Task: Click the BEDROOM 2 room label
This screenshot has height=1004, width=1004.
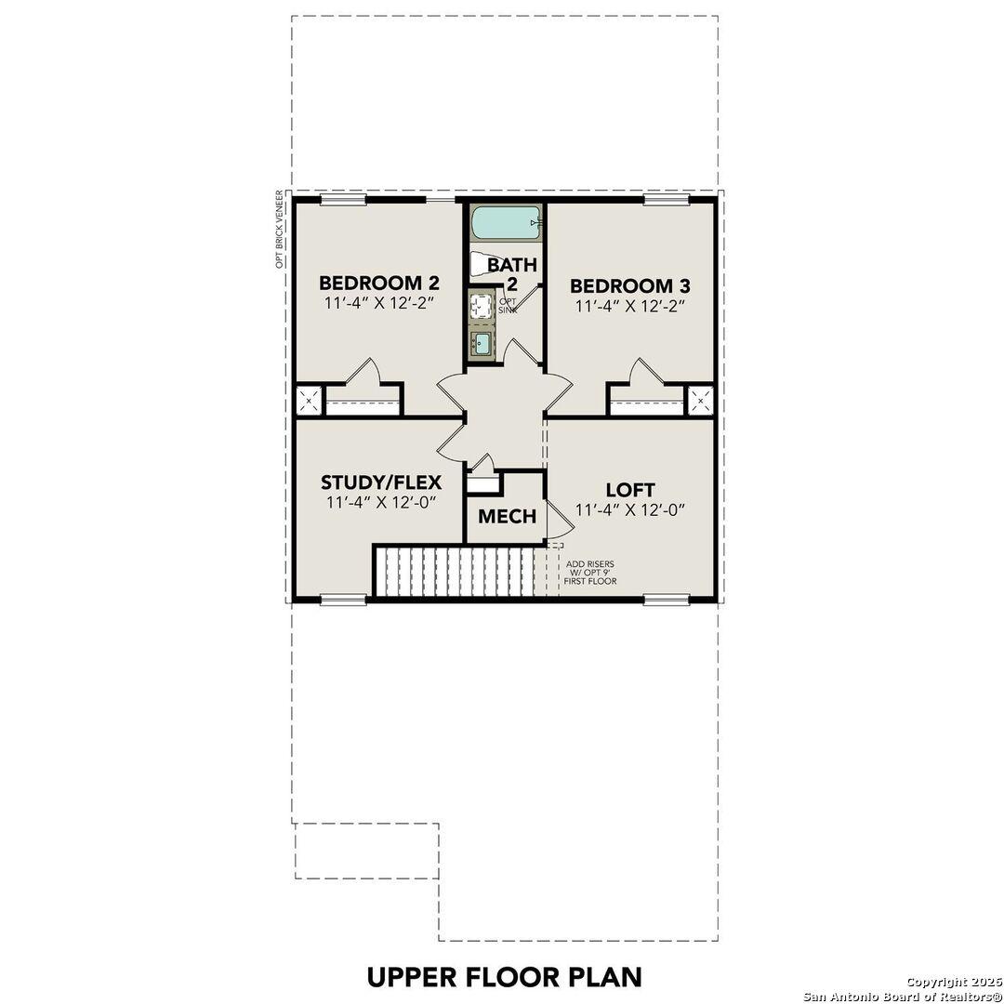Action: coord(379,283)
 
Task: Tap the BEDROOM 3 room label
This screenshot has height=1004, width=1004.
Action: coord(630,285)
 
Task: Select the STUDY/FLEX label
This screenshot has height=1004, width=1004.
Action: coord(381,482)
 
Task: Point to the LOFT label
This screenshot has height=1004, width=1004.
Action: coord(630,489)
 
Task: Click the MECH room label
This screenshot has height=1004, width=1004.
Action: coord(507,516)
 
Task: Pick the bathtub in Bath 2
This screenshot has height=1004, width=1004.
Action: coord(505,223)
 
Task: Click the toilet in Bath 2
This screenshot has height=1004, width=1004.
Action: coord(482,264)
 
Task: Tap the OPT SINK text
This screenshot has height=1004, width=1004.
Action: coord(509,306)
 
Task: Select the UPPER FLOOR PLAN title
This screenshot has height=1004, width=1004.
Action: coord(504,977)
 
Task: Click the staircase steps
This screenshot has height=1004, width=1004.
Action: coord(456,572)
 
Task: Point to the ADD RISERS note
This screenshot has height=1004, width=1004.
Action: coord(590,573)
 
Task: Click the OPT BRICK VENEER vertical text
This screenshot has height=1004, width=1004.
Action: coord(278,230)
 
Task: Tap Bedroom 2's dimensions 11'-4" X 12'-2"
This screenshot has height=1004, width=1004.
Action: coord(379,304)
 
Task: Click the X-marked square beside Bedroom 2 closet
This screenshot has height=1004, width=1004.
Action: coord(308,401)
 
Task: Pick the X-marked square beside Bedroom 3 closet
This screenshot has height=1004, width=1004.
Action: coord(700,401)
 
